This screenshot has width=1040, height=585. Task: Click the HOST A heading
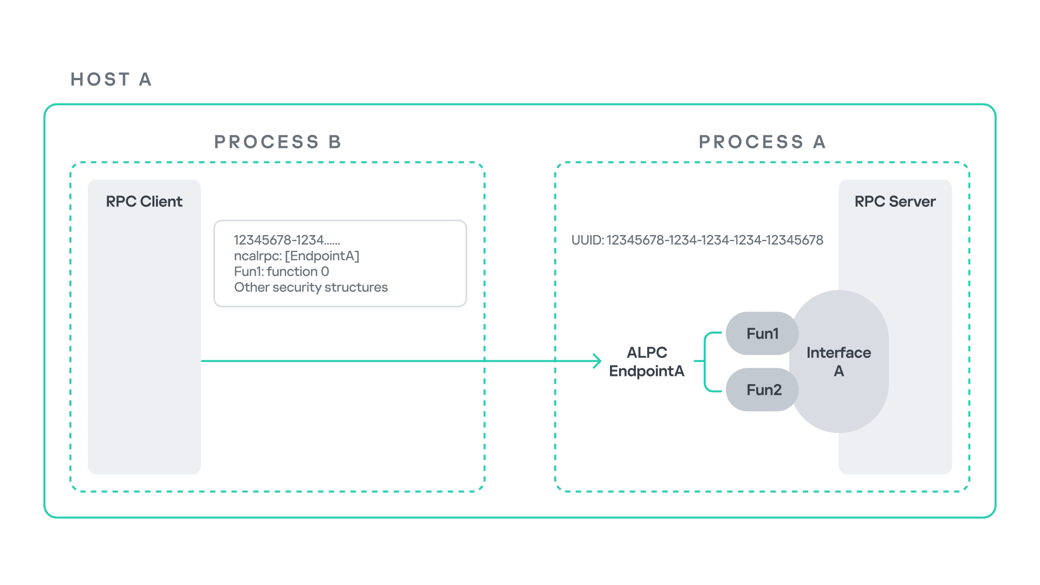click(111, 80)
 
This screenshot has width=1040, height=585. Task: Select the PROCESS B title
click(277, 142)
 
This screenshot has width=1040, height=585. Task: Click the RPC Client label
click(144, 201)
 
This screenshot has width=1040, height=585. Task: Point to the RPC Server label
click(895, 201)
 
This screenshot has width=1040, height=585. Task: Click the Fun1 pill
click(762, 333)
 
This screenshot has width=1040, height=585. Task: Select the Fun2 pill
click(763, 389)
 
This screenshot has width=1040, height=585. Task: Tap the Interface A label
click(838, 361)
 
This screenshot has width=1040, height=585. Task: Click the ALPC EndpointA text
click(647, 361)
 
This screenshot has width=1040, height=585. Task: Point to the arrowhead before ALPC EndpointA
click(597, 361)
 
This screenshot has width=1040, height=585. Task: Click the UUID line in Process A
click(697, 240)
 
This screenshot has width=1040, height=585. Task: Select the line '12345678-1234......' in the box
click(287, 240)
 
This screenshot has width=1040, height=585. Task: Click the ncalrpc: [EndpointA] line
click(296, 256)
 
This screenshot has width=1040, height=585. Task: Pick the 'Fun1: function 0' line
click(281, 271)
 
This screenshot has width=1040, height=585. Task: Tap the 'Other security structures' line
click(311, 287)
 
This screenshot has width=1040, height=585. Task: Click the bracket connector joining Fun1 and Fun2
click(705, 361)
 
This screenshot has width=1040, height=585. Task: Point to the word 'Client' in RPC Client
click(161, 201)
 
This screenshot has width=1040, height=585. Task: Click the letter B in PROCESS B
click(335, 142)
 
